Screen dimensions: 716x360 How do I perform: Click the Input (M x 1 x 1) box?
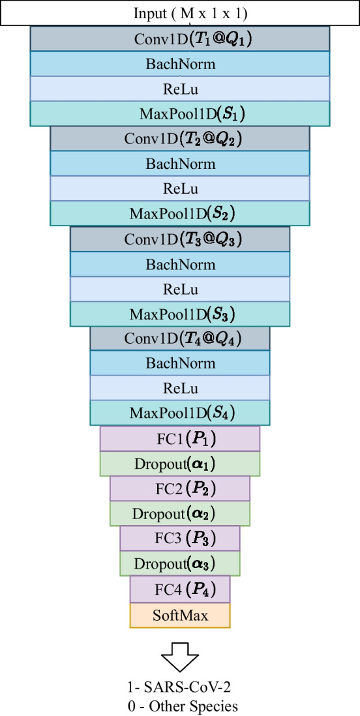[x=180, y=14]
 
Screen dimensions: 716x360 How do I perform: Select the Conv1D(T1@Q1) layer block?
[x=180, y=39]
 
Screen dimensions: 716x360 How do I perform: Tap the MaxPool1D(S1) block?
[x=180, y=113]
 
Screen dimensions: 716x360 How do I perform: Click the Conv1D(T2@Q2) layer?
[x=180, y=139]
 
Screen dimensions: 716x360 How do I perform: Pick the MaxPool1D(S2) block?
[x=180, y=213]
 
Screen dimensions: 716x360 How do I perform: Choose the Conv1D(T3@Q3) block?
[x=180, y=239]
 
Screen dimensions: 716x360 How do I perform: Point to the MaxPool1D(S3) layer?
[x=180, y=314]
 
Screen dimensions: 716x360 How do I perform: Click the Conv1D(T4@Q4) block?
[x=180, y=338]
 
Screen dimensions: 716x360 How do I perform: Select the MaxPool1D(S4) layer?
[x=180, y=413]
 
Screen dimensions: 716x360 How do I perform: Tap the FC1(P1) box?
[x=180, y=438]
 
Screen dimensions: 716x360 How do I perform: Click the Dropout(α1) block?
[x=180, y=464]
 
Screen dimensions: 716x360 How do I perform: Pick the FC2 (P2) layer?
[x=180, y=488]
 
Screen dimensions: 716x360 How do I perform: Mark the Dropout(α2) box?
[x=180, y=513]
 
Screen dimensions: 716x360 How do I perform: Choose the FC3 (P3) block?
[x=180, y=538]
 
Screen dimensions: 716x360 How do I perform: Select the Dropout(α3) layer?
[x=180, y=563]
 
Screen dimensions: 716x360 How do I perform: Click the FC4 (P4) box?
[x=180, y=589]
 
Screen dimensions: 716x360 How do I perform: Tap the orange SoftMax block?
[x=180, y=615]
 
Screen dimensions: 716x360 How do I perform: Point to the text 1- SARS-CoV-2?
[x=180, y=689]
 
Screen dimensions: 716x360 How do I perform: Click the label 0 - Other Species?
[x=180, y=705]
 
